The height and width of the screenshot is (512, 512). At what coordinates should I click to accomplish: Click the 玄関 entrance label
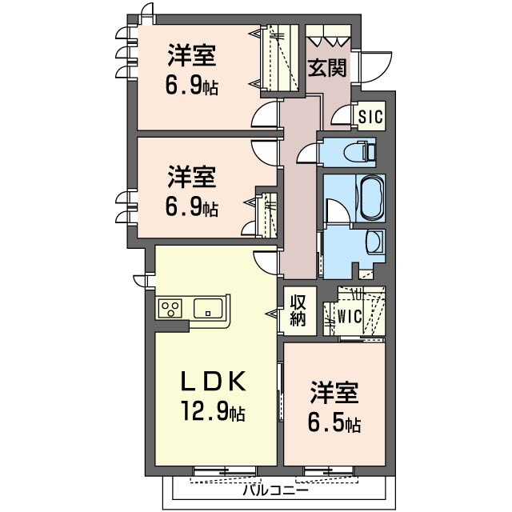point(327,68)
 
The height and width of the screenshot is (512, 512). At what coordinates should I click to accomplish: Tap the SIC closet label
point(370,117)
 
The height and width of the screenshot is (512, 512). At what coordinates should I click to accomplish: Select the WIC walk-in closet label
point(350,316)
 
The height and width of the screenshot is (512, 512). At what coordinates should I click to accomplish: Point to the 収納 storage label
point(298,311)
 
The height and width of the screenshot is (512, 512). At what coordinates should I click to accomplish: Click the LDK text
point(214,382)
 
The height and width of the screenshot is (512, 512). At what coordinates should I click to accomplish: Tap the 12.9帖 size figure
point(214,411)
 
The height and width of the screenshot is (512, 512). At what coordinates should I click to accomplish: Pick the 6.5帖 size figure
point(334,423)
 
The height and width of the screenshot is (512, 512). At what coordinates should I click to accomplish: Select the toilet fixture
point(359,152)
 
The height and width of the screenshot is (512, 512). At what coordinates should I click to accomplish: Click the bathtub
point(371,198)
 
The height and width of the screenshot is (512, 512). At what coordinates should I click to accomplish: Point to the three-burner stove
point(170,307)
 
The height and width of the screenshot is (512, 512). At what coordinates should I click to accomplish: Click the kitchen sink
point(208,308)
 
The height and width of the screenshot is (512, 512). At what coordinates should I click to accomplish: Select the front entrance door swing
point(375,68)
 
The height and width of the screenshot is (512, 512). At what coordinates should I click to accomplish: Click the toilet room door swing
point(308,153)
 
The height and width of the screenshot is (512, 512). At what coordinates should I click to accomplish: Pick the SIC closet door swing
point(343,114)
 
